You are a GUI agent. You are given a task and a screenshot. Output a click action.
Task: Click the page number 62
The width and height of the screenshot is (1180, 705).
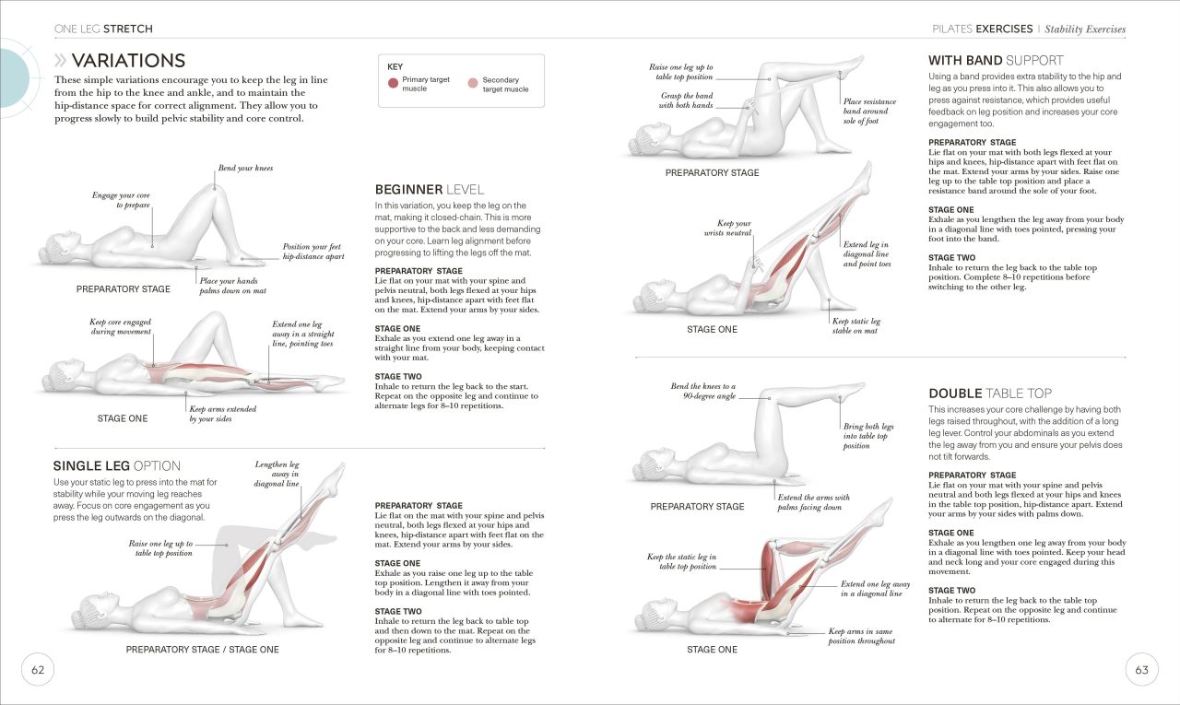tap(38, 670)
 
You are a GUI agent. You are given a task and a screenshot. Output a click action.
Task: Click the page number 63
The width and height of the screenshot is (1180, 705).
tap(1141, 670)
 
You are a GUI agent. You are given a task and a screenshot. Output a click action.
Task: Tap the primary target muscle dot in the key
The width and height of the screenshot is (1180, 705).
tap(393, 84)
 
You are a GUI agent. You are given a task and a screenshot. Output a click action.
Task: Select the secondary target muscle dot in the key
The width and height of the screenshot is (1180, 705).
tap(473, 84)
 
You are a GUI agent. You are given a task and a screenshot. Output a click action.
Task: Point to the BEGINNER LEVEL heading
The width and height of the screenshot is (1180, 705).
tap(430, 189)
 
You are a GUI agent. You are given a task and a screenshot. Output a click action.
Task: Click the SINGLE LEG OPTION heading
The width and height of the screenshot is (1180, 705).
tap(116, 465)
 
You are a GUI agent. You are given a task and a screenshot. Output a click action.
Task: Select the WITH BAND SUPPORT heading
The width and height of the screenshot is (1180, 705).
tap(996, 61)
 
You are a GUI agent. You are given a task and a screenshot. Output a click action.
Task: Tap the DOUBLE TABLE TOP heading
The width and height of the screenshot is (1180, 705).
tap(989, 393)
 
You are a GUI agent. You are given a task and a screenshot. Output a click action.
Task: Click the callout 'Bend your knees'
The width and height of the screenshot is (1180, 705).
tap(245, 169)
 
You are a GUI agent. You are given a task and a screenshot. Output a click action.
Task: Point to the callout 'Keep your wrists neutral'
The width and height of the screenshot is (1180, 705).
tap(733, 229)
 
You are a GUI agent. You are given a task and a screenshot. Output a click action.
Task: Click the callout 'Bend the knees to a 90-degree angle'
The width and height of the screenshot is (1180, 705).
tap(703, 391)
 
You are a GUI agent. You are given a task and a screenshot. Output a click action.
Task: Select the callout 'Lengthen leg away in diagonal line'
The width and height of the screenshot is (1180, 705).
tap(277, 475)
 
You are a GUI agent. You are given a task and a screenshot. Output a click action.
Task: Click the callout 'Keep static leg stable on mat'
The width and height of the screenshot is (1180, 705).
tap(855, 326)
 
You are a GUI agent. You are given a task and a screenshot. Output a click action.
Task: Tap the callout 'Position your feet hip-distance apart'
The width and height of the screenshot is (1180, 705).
tap(313, 252)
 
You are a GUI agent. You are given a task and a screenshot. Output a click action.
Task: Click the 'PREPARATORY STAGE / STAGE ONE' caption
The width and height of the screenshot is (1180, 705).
tap(202, 650)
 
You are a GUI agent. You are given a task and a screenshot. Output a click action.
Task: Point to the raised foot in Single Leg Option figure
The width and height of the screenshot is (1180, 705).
tap(337, 472)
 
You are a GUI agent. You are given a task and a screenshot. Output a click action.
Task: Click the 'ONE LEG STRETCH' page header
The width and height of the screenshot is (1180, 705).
tap(103, 29)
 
